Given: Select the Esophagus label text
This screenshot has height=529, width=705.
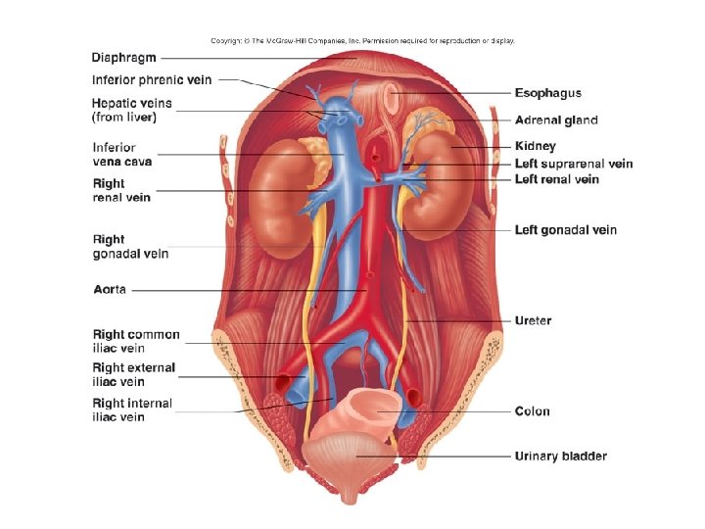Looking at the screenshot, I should [548, 93].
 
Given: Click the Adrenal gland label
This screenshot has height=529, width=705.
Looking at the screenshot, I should [556, 120].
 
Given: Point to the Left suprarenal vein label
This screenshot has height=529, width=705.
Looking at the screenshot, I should [574, 164].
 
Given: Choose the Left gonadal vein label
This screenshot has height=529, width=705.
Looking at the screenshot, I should [566, 230].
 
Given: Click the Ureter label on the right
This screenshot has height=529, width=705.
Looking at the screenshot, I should [533, 320].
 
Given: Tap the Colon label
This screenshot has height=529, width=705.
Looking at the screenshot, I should [533, 411].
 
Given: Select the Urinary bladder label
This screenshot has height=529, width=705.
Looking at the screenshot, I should [561, 456].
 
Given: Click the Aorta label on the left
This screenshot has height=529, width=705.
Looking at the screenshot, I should [109, 290].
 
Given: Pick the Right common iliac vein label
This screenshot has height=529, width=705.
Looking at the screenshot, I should [136, 340].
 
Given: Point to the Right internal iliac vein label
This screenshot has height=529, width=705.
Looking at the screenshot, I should [132, 409].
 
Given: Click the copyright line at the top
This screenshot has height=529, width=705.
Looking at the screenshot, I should [362, 41].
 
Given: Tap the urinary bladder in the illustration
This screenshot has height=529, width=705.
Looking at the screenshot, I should [351, 457].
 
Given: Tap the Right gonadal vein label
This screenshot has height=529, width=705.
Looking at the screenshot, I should [130, 246].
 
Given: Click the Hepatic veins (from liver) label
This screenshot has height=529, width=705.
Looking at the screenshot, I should [131, 110].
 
